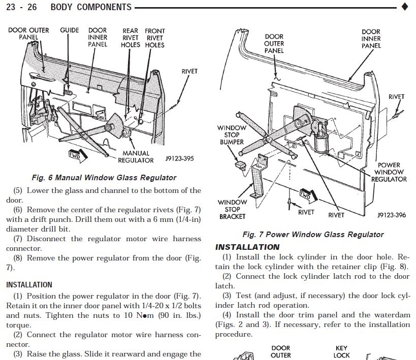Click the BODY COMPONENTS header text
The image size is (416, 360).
pos(91,7)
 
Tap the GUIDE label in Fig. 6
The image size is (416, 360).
pos(70,30)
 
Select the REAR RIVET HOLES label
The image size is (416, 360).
pos(131,38)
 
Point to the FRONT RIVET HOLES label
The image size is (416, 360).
pos(154,38)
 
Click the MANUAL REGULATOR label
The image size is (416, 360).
pos(136,156)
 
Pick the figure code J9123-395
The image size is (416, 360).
pos(179,158)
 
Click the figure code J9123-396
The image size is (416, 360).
pos(392,215)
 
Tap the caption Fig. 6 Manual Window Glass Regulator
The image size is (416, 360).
pos(104,178)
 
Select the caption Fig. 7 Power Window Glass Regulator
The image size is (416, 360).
pos(313,235)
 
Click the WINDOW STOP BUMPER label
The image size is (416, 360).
pos(232,135)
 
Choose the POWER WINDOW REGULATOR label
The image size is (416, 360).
pos(389,172)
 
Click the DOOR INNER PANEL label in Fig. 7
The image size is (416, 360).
pos(371,39)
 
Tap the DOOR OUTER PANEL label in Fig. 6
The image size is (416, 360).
pos(28,34)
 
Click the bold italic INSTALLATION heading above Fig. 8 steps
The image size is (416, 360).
pos(247,247)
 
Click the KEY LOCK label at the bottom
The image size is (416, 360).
pos(341,352)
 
